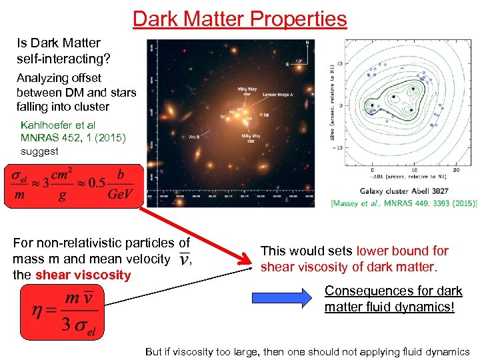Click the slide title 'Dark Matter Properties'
[240, 18]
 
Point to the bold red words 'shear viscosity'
[83, 275]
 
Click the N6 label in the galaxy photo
[267, 115]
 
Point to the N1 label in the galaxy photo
[223, 117]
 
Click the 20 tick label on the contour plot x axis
[455, 171]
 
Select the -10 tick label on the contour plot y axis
[339, 148]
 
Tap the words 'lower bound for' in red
[402, 251]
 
